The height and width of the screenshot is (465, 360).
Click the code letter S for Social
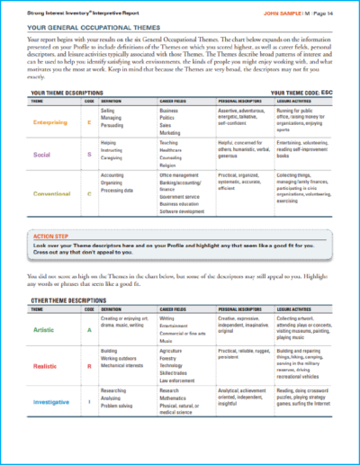point(88,155)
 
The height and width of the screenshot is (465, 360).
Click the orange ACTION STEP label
point(44,235)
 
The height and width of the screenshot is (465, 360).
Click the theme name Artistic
point(44,329)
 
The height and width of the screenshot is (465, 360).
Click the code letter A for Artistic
point(88,329)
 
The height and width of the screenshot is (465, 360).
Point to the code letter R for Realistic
point(88,367)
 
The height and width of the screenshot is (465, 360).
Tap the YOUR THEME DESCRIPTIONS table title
point(68,93)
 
